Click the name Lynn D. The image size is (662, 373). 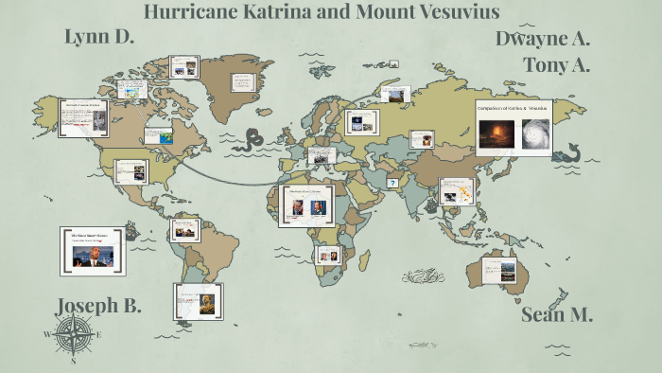(99, 37)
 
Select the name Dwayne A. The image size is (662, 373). (542, 39)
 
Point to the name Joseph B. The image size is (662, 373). (98, 306)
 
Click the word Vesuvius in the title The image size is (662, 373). (449, 12)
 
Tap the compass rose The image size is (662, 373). (73, 334)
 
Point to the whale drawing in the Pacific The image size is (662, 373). (566, 152)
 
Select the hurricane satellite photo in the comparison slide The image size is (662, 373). (534, 133)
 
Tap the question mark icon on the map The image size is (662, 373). (393, 183)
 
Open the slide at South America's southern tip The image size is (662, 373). (197, 301)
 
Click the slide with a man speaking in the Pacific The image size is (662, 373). (92, 250)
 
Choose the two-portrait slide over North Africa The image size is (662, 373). (308, 204)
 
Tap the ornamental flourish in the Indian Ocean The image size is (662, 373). (427, 276)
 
